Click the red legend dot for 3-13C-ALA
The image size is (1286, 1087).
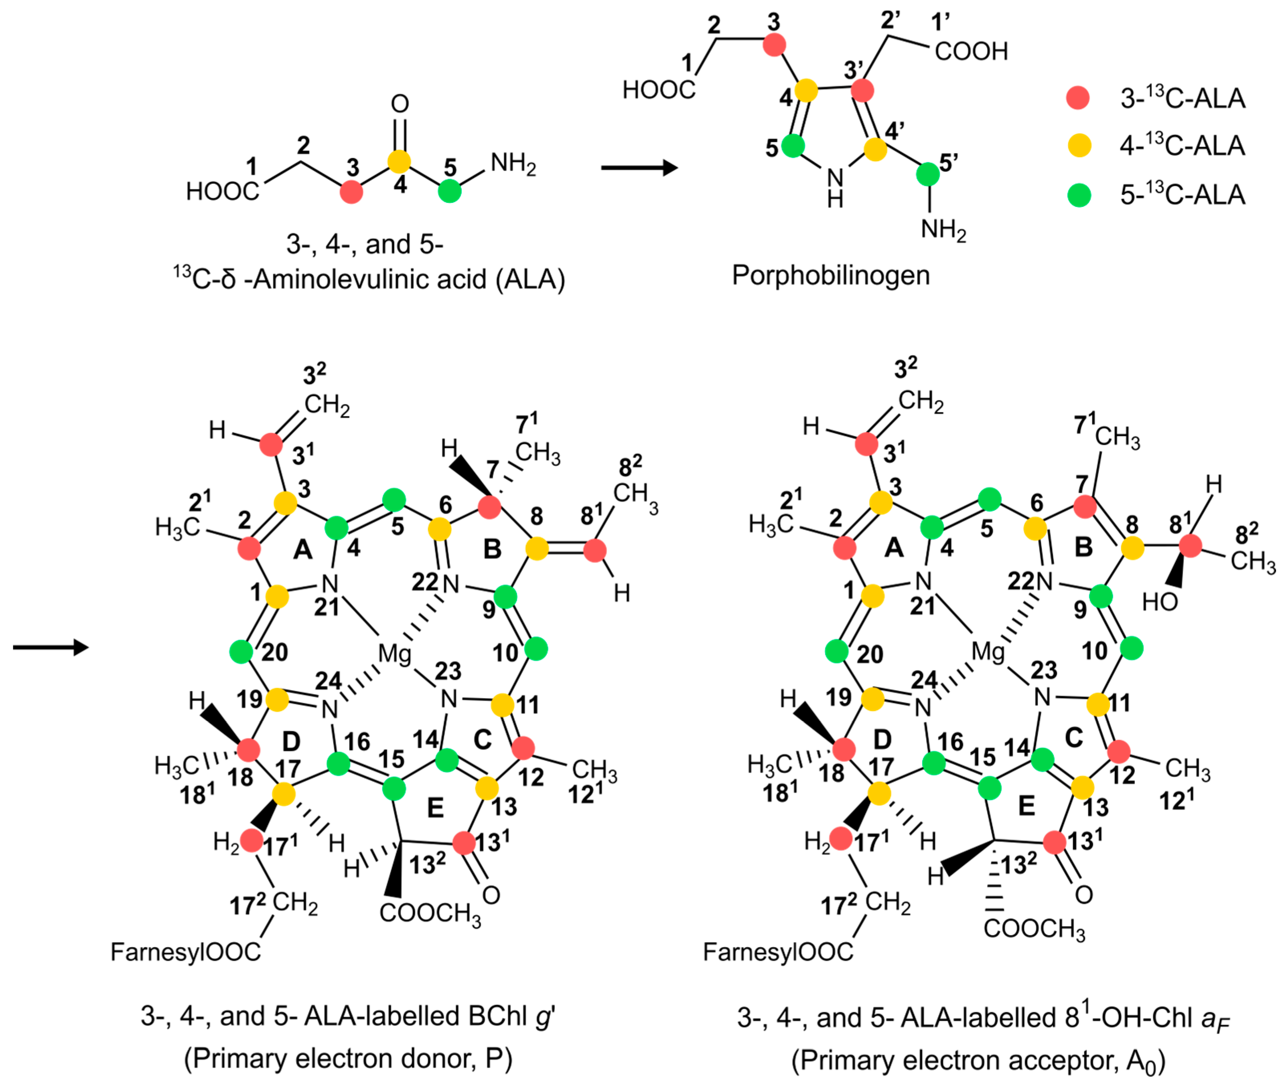[x=1078, y=98]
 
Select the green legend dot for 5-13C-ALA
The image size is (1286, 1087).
[x=1079, y=195]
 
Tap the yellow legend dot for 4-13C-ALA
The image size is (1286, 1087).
[x=1079, y=146]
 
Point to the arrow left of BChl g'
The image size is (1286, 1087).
[x=51, y=647]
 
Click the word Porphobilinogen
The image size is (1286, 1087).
[x=830, y=275]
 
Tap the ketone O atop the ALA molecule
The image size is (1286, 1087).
[x=400, y=103]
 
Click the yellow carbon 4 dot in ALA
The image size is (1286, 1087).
[x=399, y=162]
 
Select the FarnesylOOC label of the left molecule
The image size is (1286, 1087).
[x=186, y=952]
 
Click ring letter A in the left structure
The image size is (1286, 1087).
[x=302, y=549]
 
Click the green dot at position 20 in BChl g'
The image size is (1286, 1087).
[x=241, y=651]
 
